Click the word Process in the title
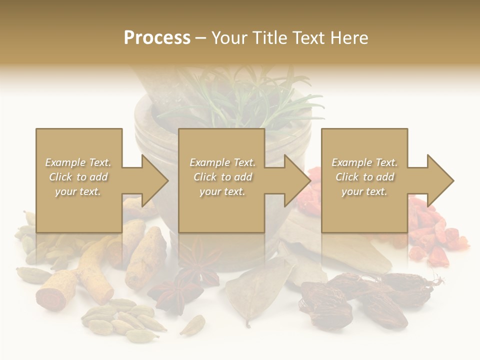[157, 38]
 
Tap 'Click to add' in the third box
[364, 176]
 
